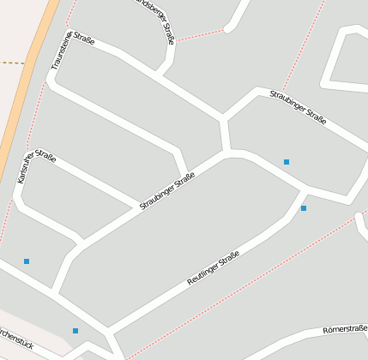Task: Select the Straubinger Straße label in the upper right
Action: click(298, 107)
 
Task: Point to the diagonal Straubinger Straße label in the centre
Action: click(167, 191)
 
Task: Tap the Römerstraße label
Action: click(345, 328)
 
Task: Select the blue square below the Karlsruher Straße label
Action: click(27, 261)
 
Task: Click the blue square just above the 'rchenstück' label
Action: click(75, 330)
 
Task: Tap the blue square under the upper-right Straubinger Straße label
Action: click(287, 161)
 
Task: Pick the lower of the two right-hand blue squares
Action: click(304, 207)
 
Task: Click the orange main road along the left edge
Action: click(26, 86)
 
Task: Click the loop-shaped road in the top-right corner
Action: click(343, 60)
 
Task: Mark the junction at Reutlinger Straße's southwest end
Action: click(109, 329)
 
